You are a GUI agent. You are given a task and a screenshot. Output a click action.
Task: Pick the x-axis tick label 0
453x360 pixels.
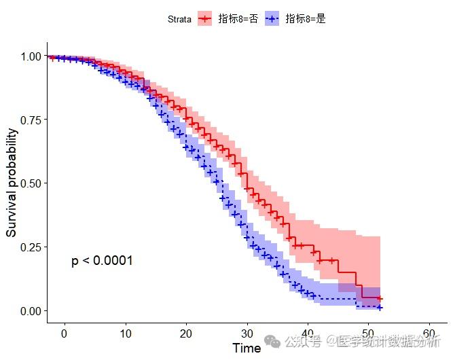click(64, 334)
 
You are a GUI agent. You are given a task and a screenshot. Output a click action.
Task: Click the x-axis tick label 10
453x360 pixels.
click(125, 334)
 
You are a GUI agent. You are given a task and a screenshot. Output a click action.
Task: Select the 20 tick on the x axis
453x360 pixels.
click(186, 334)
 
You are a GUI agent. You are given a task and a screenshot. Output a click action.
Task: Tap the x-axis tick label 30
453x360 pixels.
click(247, 334)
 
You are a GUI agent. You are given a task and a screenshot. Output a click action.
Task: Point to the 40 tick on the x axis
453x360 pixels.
click(308, 334)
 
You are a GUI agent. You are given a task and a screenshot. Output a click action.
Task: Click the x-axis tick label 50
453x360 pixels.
click(368, 334)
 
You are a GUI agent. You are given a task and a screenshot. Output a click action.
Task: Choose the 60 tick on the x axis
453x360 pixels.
click(429, 334)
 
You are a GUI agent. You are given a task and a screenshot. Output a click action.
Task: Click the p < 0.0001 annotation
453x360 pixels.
click(102, 261)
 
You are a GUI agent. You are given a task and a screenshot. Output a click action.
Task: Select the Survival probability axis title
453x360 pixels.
click(12, 183)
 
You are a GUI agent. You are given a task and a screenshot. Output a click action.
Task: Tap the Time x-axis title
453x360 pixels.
click(246, 348)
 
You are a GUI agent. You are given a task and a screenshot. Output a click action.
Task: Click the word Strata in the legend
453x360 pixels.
click(180, 19)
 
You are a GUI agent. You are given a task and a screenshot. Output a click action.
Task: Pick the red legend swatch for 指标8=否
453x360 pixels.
click(205, 19)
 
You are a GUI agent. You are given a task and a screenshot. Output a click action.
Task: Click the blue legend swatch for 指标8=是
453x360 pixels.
click(272, 19)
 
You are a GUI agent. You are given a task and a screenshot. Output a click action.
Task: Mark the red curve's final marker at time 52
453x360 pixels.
click(380, 299)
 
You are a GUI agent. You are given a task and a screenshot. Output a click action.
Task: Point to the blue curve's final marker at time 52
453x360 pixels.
click(380, 308)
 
